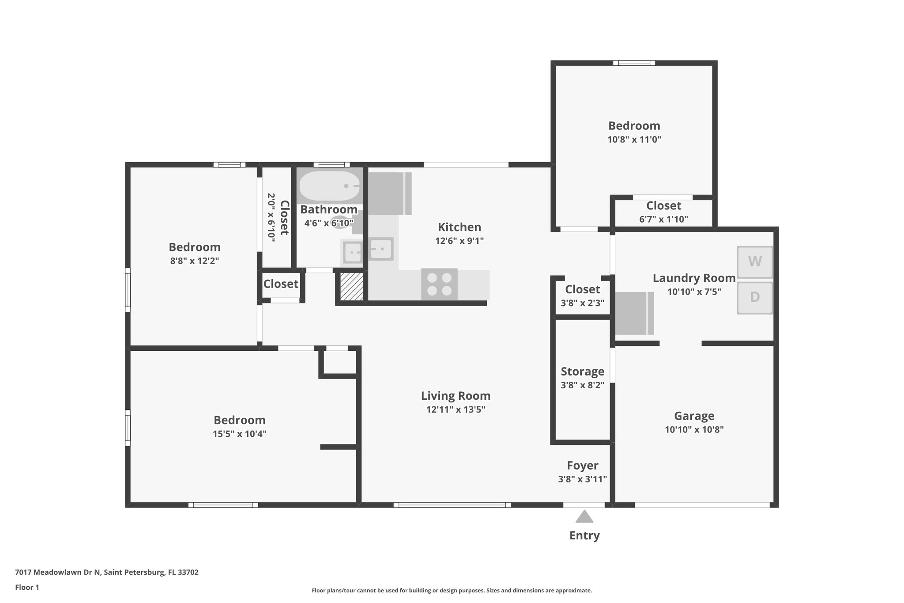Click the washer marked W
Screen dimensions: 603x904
coord(755,262)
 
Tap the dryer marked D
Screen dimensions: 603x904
coord(755,297)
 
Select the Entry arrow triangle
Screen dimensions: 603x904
coord(584,516)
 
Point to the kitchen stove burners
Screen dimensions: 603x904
coord(439,284)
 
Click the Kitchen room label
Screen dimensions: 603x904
coord(459,227)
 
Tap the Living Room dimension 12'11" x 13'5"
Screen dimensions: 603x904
coord(456,410)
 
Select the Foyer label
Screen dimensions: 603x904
coord(583,466)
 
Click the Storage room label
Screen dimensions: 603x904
coord(582,372)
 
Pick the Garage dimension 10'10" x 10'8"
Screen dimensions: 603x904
coord(694,429)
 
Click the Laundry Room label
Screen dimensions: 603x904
coord(694,278)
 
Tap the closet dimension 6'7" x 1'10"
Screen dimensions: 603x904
coord(663,219)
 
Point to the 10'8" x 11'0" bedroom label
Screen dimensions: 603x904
coord(634,126)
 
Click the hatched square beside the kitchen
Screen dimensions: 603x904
coord(351,287)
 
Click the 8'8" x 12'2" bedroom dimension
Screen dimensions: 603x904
coord(194,261)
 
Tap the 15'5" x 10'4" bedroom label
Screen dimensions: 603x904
coord(239,420)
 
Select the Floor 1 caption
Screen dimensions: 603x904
coord(27,587)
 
